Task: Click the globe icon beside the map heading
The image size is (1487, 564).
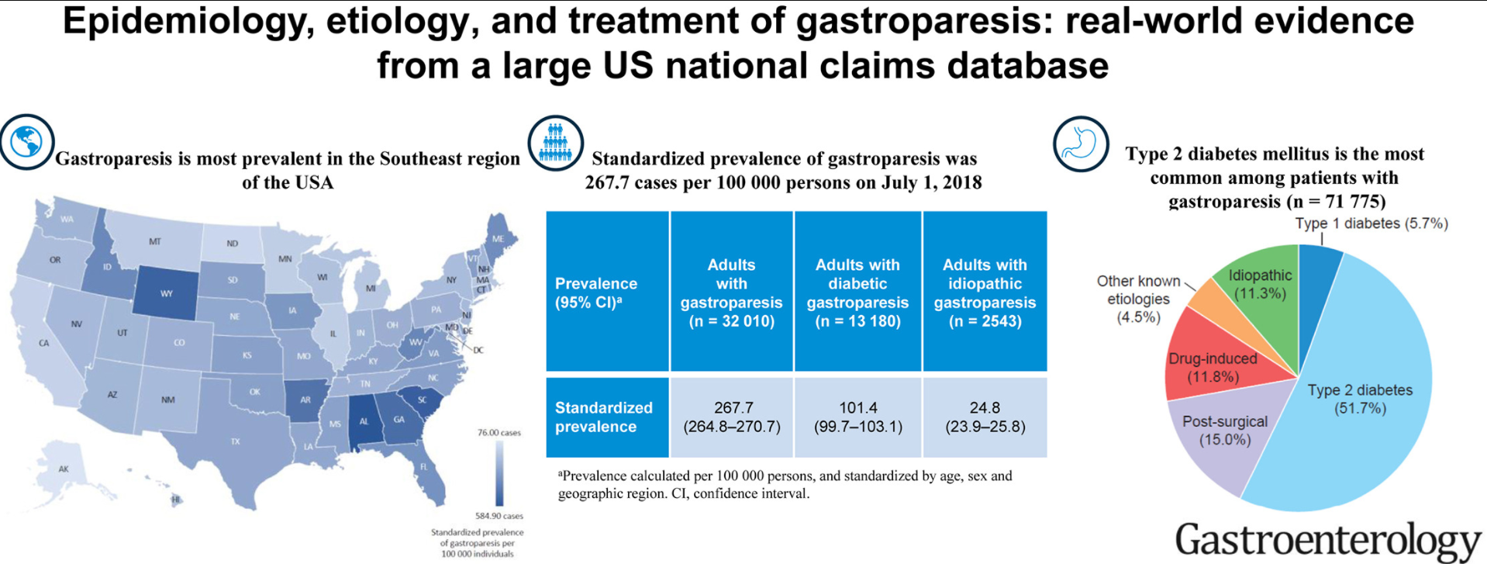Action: [x=26, y=142]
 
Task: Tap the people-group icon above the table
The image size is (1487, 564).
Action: [x=555, y=143]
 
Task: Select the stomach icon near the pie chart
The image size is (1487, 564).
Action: [x=1080, y=144]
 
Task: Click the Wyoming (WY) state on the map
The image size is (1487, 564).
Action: [x=166, y=293]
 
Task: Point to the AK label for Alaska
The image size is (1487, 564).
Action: [x=64, y=469]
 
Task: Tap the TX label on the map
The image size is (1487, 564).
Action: [x=235, y=441]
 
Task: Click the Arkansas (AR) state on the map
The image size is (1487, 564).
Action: [x=305, y=400]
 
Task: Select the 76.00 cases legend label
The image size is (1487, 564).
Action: [x=499, y=432]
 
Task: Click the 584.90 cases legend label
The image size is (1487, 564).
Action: [x=499, y=516]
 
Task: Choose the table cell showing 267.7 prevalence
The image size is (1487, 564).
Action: [x=732, y=417]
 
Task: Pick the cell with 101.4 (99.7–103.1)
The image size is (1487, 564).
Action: [x=857, y=417]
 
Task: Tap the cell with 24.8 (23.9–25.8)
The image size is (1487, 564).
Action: [x=985, y=417]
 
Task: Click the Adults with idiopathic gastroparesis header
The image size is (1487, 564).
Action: [x=985, y=292]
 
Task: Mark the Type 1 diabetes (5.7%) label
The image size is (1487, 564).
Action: [x=1371, y=223]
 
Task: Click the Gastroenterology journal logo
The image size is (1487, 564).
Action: [x=1327, y=540]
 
